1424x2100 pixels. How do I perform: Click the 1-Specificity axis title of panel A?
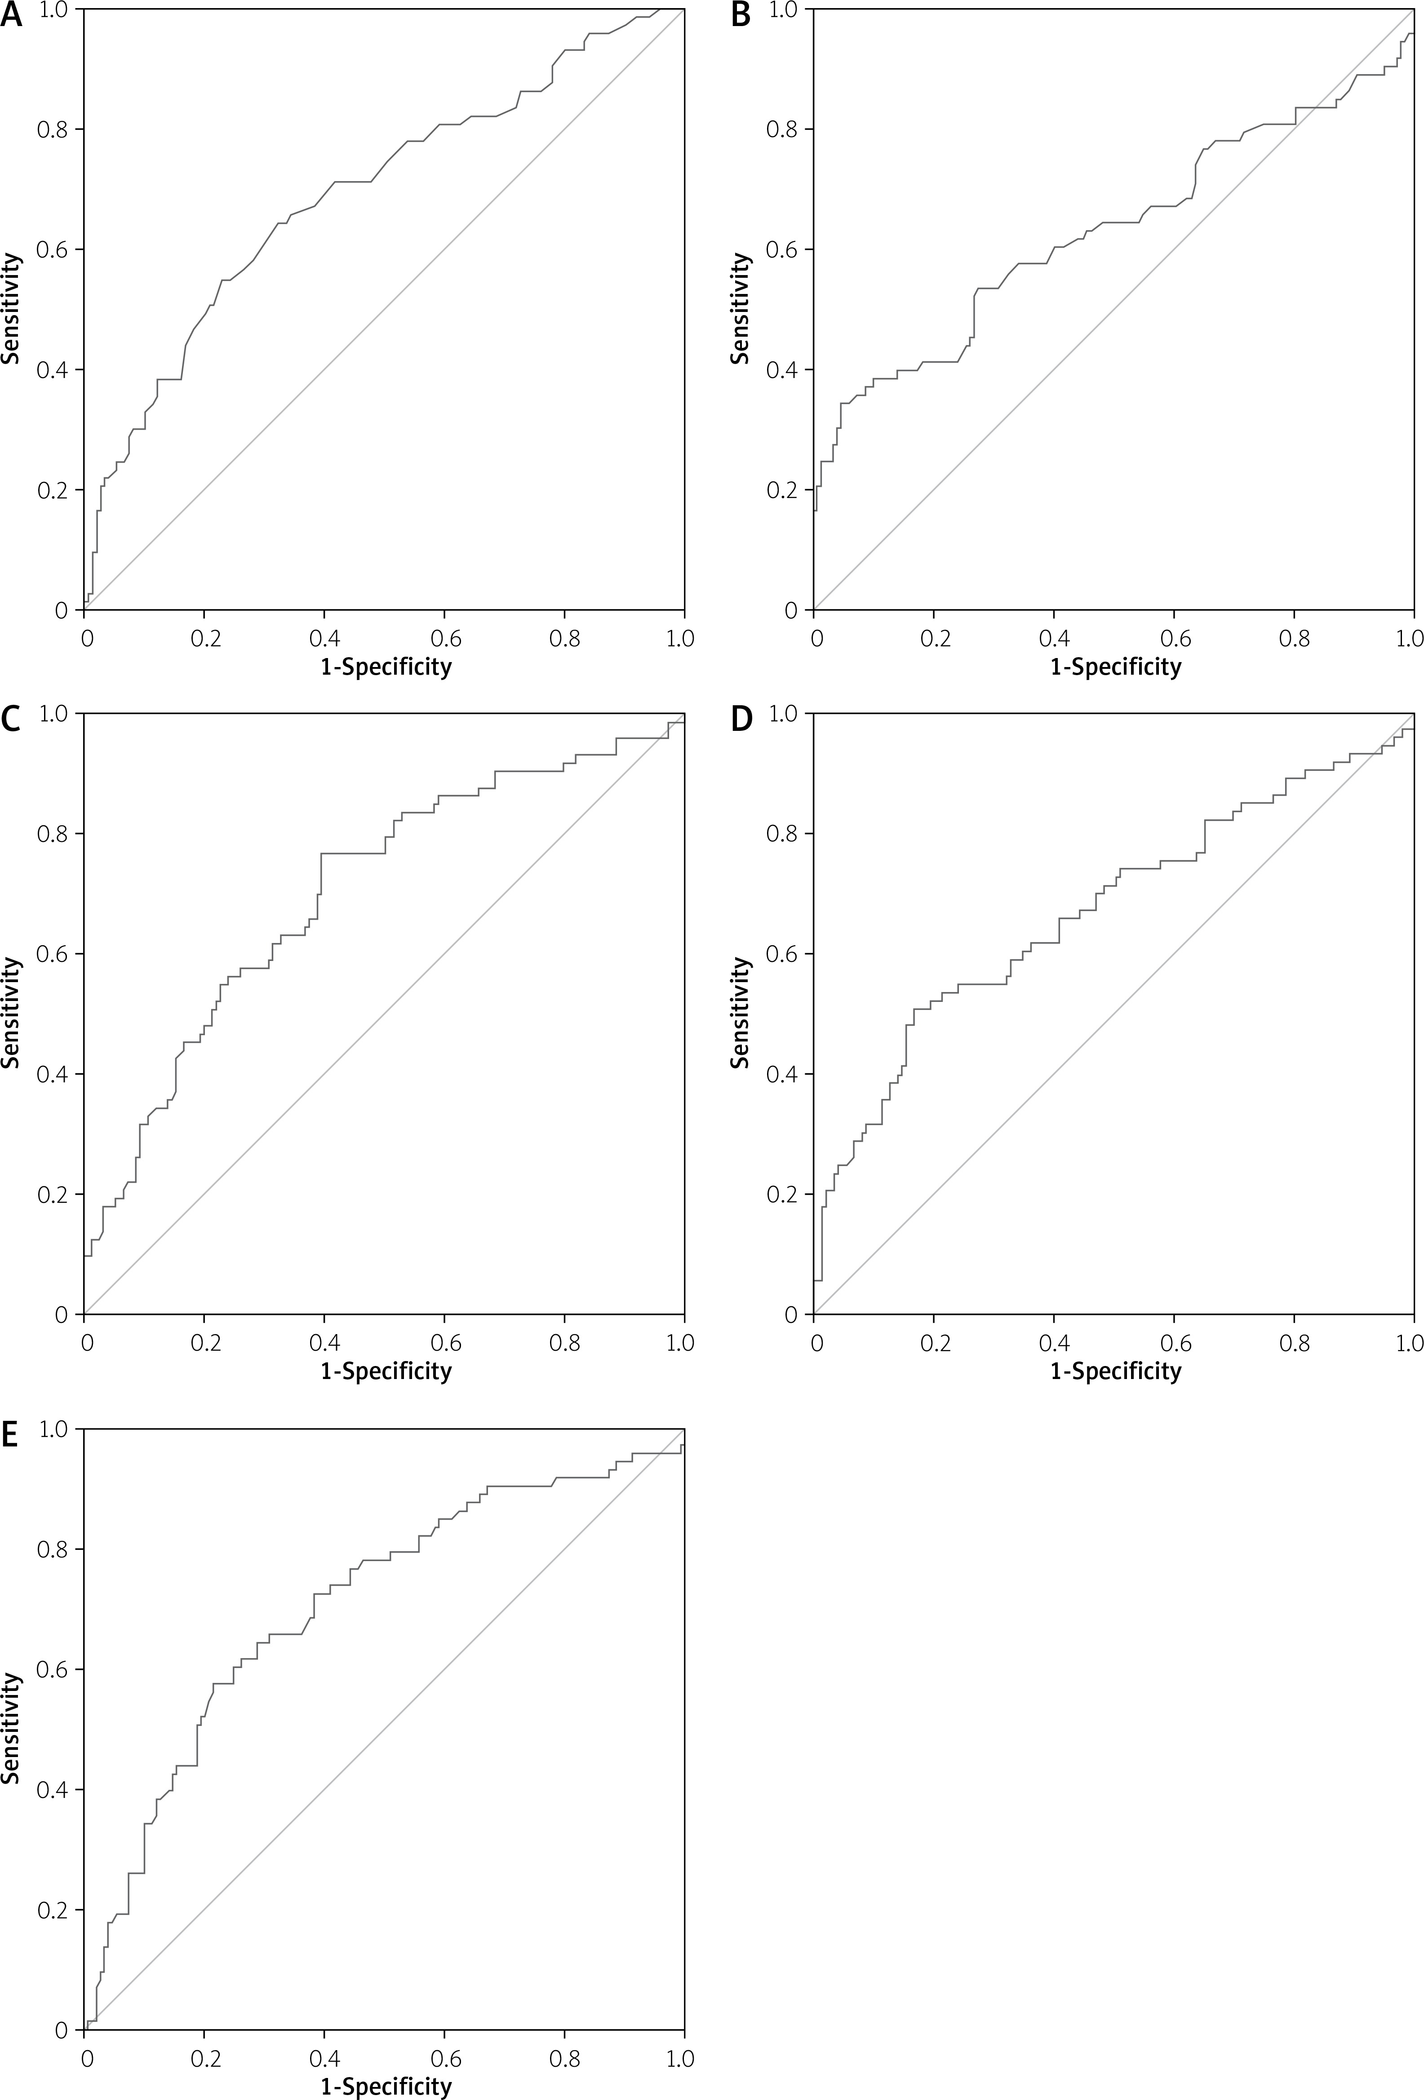click(x=386, y=667)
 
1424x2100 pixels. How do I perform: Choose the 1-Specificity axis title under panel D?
click(x=1115, y=1371)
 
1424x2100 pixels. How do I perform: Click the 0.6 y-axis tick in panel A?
click(x=53, y=249)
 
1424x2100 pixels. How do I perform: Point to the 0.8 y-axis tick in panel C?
click(x=53, y=833)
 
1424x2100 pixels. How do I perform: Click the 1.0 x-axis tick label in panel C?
click(x=679, y=1343)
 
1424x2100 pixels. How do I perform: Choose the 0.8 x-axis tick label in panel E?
click(x=565, y=2058)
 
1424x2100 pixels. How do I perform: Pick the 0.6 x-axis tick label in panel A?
click(x=444, y=639)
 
